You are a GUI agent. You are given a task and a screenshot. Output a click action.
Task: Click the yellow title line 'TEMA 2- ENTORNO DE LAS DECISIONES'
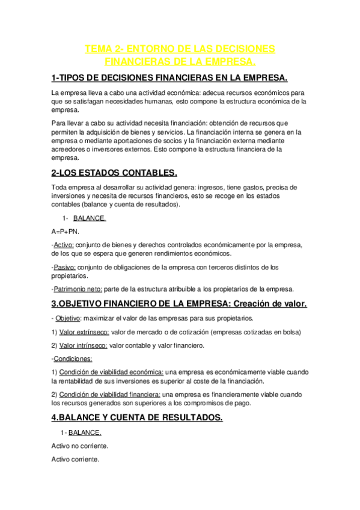(x=180, y=49)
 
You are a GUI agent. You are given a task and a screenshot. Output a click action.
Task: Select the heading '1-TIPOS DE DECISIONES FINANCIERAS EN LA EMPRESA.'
(x=169, y=79)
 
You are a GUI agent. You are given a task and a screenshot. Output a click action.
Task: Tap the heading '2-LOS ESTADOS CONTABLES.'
(x=114, y=173)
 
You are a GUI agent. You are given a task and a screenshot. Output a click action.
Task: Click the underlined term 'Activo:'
(x=64, y=245)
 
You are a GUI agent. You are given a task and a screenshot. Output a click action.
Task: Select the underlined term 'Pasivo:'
(x=65, y=266)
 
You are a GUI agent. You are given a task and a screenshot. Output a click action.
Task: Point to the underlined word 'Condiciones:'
(x=73, y=359)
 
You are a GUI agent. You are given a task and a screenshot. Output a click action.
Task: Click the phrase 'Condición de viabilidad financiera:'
(x=110, y=394)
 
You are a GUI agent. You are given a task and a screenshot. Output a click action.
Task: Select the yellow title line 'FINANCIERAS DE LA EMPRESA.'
(x=180, y=62)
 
